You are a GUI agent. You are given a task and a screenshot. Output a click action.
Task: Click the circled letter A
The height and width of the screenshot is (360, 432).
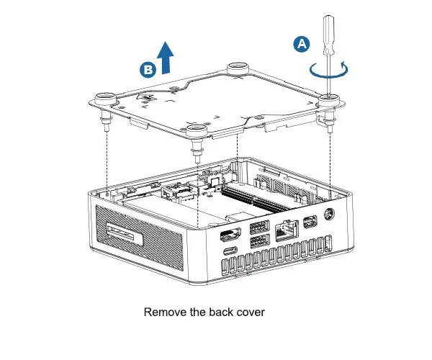pos(302,44)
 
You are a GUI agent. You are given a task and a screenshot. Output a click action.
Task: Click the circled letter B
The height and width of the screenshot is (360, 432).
pos(147,69)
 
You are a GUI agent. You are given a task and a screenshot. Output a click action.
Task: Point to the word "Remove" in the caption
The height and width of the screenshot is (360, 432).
pos(166,312)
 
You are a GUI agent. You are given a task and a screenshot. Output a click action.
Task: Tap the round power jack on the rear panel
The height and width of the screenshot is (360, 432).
pos(330,214)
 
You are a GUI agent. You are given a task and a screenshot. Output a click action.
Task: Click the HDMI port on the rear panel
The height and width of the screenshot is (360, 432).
pos(228,234)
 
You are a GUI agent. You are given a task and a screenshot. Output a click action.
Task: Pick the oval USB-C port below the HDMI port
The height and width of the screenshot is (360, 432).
pos(229,252)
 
